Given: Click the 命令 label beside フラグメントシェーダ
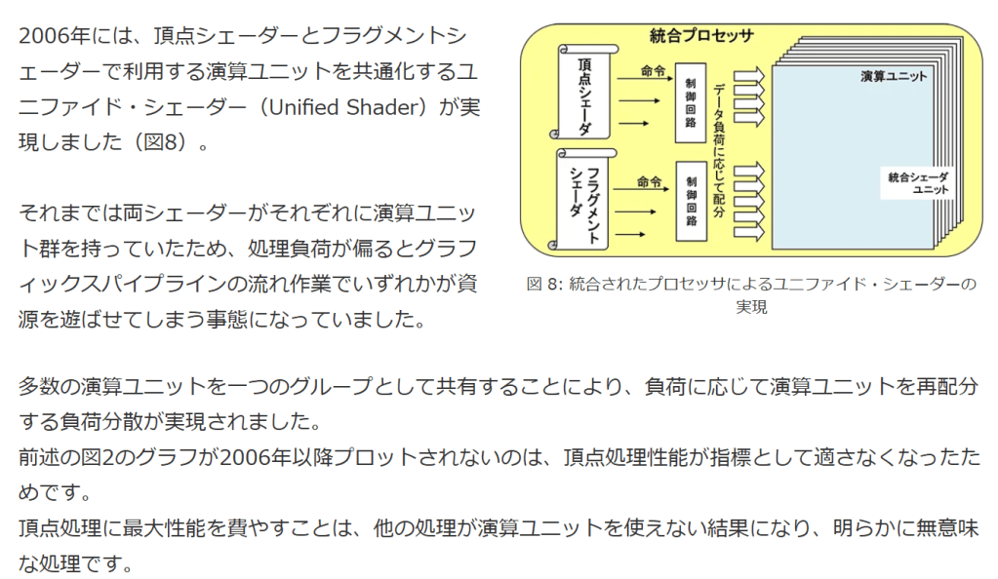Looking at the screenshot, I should click(x=650, y=181).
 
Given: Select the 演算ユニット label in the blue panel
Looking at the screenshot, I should click(x=894, y=75).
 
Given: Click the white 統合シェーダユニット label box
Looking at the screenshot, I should click(x=917, y=182).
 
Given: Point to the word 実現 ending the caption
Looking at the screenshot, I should click(x=752, y=307).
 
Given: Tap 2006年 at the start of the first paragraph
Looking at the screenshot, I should click(x=57, y=37).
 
